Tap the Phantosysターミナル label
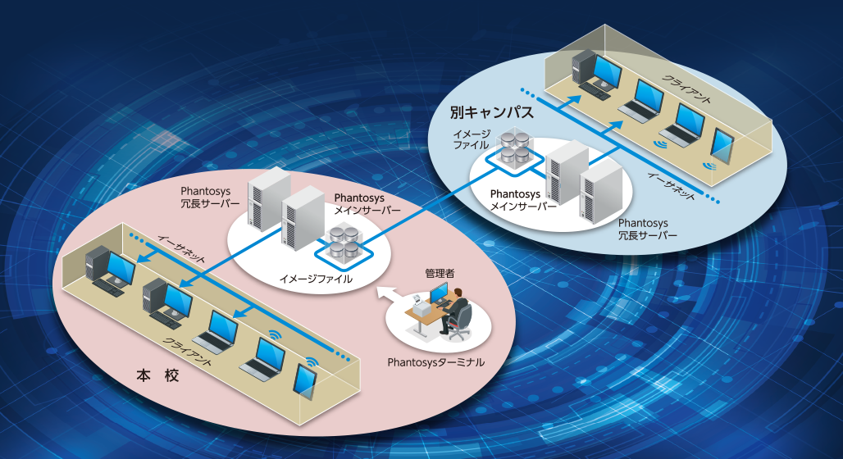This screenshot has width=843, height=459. point(435,361)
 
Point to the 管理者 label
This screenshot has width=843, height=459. point(439,272)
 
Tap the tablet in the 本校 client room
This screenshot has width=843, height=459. point(305,380)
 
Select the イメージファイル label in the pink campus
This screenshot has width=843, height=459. point(316,279)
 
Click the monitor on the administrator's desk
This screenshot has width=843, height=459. point(438,292)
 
